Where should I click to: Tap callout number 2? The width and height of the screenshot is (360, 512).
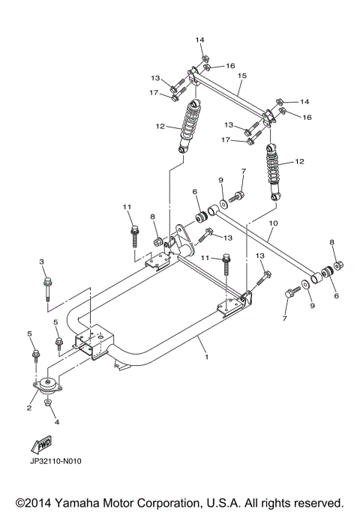pos(29,408)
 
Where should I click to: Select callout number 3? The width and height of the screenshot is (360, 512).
pos(42,261)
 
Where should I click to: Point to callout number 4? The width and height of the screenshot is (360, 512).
pos(55,422)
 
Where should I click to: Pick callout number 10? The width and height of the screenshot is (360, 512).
pos(273,223)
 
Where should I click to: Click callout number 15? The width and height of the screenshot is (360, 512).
pos(242,76)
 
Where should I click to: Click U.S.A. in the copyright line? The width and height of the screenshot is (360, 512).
pos(226,502)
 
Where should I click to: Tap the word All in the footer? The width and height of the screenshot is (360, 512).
pos(257,502)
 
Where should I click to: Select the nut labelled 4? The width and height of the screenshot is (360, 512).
pos(47,405)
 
